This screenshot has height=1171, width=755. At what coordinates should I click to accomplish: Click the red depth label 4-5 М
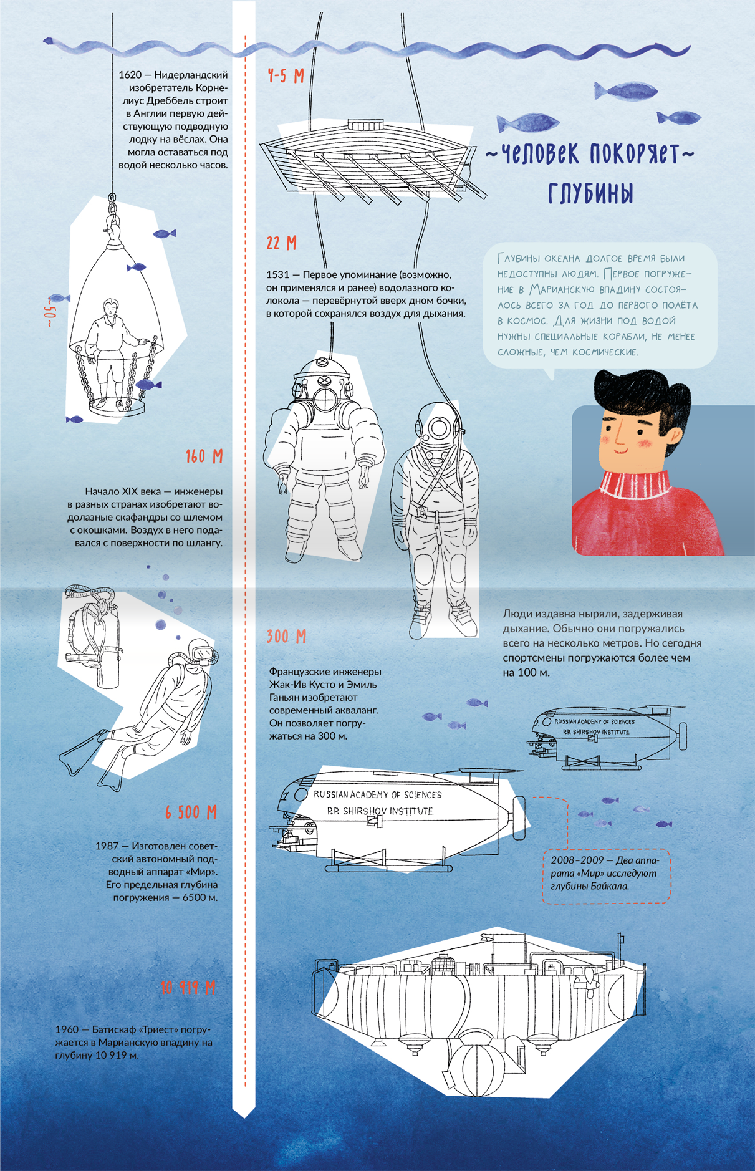click(286, 76)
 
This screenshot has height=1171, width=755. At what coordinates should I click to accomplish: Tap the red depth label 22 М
click(282, 243)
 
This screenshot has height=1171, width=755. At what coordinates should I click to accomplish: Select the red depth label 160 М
click(204, 456)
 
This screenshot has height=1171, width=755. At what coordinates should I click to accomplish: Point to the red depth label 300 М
click(286, 637)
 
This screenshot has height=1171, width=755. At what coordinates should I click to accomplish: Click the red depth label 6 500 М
click(191, 812)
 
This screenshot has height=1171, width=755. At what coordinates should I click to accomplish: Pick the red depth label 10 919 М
click(188, 988)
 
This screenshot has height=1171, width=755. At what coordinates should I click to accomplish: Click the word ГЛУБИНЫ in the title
click(591, 193)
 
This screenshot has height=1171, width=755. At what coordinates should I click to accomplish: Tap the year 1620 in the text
click(130, 75)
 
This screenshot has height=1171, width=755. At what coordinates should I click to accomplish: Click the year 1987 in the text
click(107, 846)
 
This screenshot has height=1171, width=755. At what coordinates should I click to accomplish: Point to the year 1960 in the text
click(67, 1029)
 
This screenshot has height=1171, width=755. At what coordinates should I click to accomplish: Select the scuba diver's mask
click(205, 653)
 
